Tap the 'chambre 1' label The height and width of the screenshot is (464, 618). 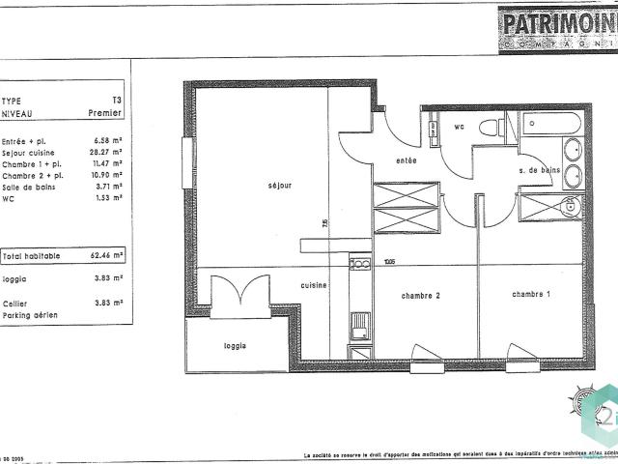[x=531, y=294]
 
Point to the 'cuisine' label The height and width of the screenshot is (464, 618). [x=313, y=285]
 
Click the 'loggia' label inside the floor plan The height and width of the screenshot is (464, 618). [x=235, y=345]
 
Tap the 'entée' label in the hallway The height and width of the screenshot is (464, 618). [x=407, y=160]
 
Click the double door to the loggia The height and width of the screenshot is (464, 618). [x=237, y=292]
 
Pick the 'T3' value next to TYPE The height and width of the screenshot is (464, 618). [x=117, y=101]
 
